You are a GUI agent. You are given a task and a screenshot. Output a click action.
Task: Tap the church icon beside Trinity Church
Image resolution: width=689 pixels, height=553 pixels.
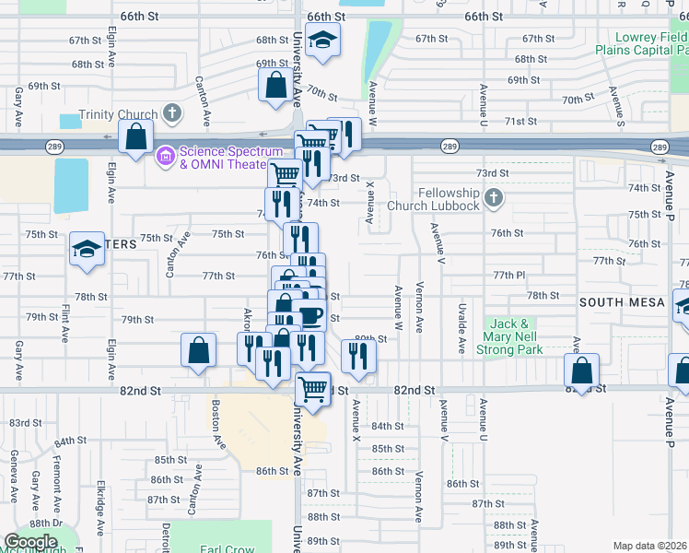[171, 114]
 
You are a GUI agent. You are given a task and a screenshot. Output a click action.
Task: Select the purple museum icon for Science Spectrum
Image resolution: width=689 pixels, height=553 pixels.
[166, 156]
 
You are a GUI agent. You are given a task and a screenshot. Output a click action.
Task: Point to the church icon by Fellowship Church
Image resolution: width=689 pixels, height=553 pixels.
[494, 197]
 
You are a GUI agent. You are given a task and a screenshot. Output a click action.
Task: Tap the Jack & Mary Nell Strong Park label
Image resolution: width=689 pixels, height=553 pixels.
[516, 336]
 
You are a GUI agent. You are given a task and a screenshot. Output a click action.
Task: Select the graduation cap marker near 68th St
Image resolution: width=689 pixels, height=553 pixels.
[322, 40]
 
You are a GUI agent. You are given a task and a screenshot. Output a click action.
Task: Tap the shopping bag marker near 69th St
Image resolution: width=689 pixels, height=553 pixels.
[276, 86]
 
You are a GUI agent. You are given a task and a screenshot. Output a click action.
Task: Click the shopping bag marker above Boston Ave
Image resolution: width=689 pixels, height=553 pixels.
[199, 351]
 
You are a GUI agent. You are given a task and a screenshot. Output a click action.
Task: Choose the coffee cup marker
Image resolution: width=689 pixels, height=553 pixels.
[310, 316]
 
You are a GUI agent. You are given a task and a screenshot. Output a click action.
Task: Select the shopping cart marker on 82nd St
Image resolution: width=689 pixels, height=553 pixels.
[313, 387]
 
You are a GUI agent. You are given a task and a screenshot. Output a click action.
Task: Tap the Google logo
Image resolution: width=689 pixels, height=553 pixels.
[31, 542]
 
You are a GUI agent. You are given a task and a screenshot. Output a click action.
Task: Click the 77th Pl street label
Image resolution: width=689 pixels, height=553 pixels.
[508, 276]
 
